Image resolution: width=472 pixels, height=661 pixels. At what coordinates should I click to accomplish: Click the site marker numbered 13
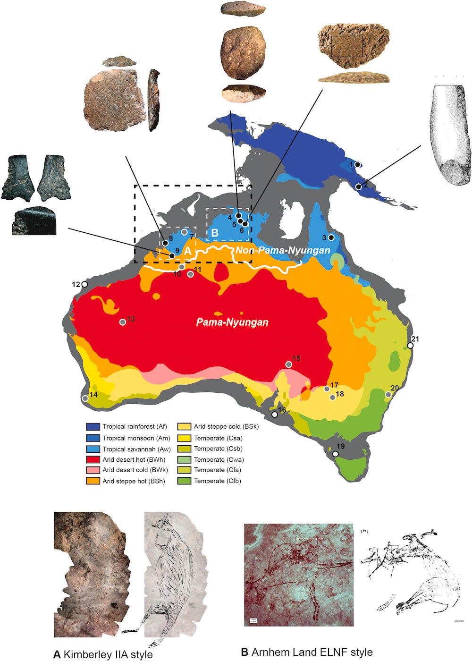coord(123,322)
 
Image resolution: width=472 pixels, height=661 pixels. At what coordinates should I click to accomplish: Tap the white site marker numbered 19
coord(335,454)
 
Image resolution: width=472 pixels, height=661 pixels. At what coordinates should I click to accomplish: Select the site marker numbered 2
coord(359,186)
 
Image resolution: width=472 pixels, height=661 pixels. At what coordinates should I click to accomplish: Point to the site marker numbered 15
coord(289,364)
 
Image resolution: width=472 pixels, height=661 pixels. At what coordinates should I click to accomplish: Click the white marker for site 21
coord(410,346)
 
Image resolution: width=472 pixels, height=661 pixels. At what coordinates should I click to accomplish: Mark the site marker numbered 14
coord(85,398)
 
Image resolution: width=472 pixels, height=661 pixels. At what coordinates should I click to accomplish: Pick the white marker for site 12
coord(84,284)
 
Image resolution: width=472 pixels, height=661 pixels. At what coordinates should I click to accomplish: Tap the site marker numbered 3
coord(331,237)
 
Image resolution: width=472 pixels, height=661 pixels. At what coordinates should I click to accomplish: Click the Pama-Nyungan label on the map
coord(232,322)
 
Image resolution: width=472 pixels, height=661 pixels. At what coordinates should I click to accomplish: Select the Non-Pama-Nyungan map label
coord(283,250)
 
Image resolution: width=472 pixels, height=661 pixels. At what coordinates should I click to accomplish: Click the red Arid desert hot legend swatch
coord(93,459)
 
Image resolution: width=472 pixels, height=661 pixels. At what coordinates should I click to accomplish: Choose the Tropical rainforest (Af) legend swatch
coord(93,427)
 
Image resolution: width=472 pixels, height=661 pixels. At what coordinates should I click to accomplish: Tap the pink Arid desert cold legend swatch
coord(93,470)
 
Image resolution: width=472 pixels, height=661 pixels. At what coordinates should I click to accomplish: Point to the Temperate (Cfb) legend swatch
coord(185,481)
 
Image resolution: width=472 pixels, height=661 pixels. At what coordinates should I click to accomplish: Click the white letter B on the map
coord(215,232)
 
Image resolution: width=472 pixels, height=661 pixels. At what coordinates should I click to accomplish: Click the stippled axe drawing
coord(451,135)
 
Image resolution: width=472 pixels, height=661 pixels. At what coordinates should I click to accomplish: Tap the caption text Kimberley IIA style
coord(103,654)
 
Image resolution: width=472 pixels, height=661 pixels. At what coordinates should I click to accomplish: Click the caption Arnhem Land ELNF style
coord(307,652)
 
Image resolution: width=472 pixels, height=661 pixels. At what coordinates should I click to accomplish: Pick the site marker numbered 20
coord(388,394)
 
